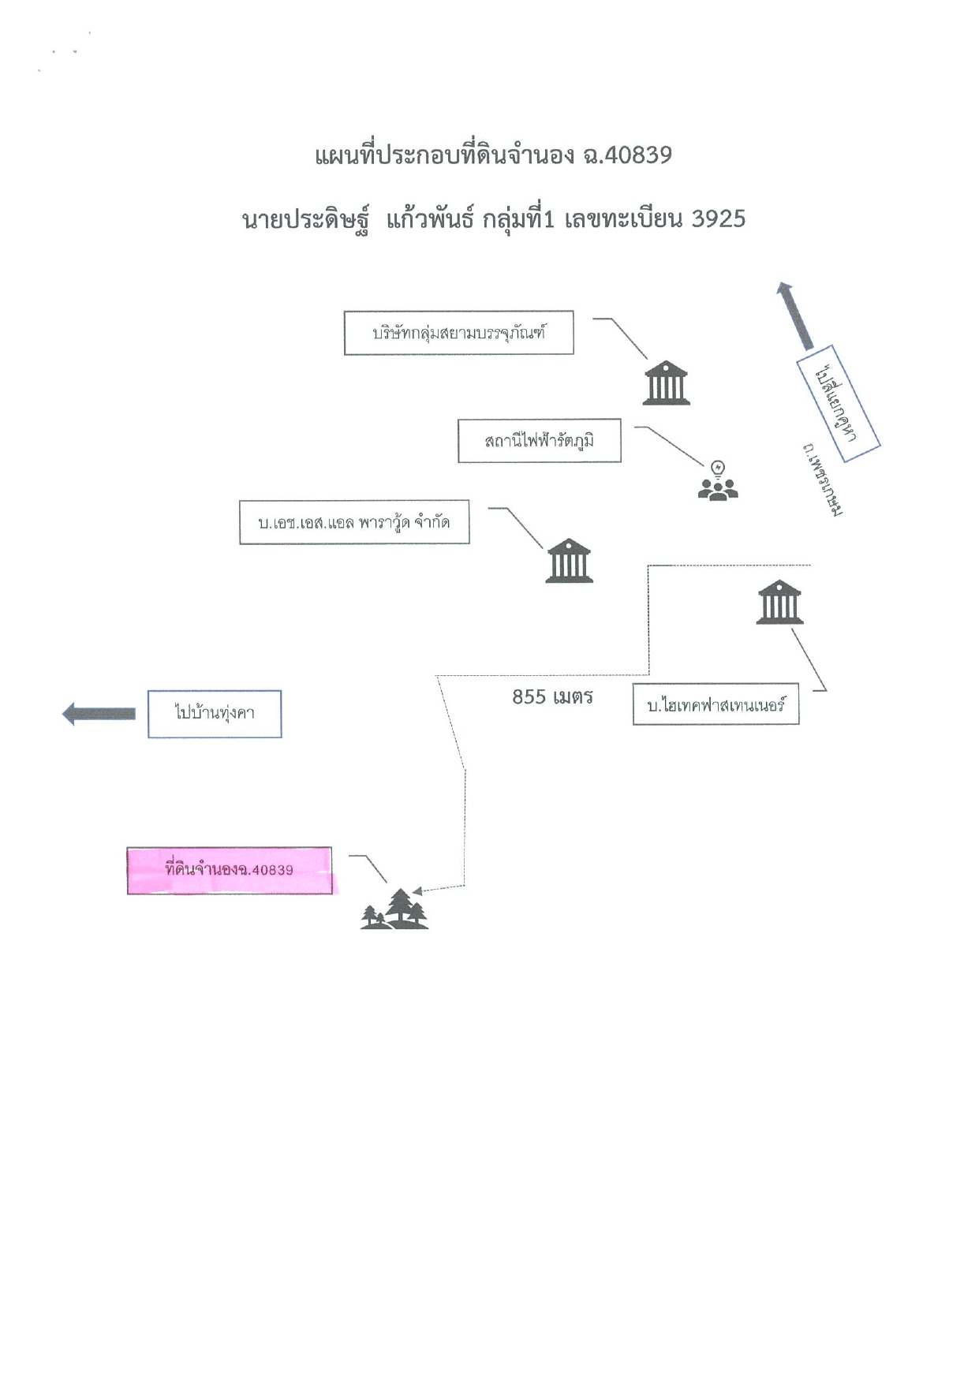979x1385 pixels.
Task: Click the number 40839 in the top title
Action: coord(638,155)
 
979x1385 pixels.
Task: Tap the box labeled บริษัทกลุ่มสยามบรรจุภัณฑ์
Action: coord(458,333)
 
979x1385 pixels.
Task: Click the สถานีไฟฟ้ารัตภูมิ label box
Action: coord(540,440)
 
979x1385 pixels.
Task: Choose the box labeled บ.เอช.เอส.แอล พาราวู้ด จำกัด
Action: coord(354,522)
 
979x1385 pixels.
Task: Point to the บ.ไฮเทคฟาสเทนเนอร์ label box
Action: coord(716,704)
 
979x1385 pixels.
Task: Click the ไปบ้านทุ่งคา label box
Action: coord(215,714)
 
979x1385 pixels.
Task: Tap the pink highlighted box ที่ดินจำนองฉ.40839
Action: coord(230,871)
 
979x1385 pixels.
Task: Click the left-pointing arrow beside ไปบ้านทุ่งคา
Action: coord(99,714)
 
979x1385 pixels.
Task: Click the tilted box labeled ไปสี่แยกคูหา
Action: coord(838,403)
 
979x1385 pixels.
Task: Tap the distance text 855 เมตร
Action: coord(552,697)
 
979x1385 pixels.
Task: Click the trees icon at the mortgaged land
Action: coord(394,909)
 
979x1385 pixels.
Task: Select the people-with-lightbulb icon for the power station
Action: coord(718,481)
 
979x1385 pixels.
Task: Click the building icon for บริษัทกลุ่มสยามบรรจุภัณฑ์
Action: coord(667,383)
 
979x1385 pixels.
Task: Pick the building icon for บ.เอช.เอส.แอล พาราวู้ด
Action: coord(570,561)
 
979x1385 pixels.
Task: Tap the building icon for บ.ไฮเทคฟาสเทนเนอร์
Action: coord(779,602)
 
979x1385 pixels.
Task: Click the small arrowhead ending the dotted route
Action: coord(417,890)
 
